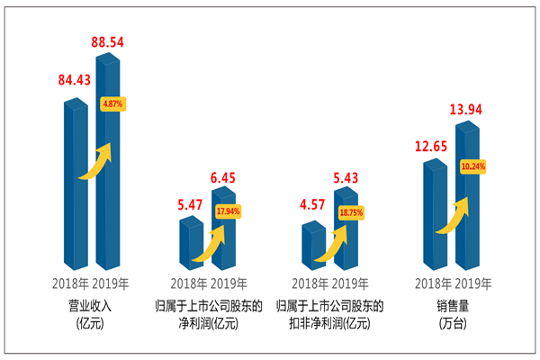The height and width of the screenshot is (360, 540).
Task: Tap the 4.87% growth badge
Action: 112,103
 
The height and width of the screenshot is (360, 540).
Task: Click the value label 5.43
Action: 347,177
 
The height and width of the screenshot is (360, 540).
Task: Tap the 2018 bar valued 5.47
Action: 191,247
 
